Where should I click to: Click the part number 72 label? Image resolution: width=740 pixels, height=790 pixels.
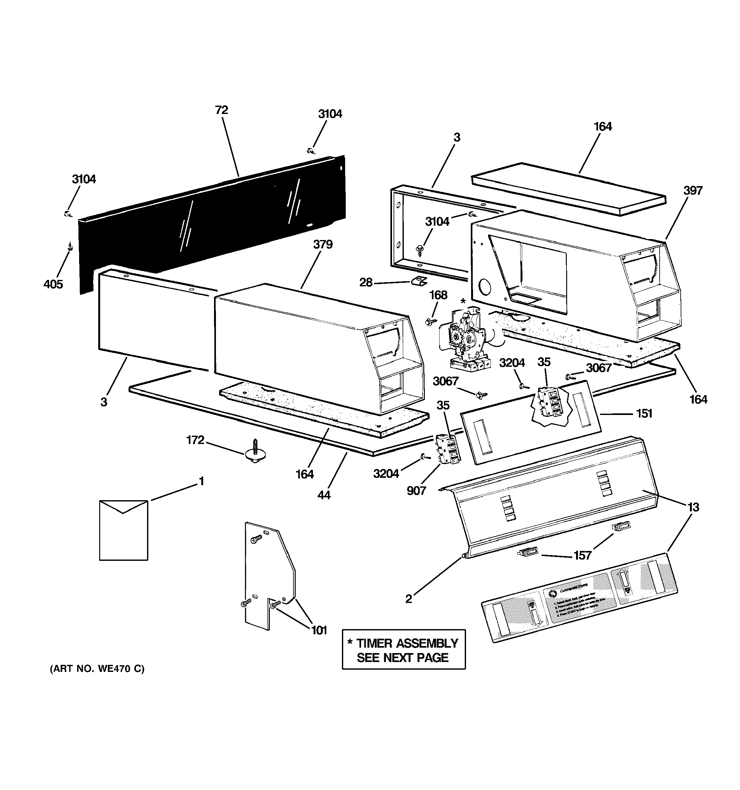click(x=221, y=110)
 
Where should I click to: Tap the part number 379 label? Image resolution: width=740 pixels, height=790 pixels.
click(x=322, y=245)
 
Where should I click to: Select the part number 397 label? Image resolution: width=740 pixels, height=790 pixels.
click(x=693, y=191)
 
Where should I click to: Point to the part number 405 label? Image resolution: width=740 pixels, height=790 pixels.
click(x=53, y=284)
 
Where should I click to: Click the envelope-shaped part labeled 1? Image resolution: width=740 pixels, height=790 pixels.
click(x=123, y=530)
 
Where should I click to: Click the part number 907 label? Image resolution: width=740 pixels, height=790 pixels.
click(x=416, y=491)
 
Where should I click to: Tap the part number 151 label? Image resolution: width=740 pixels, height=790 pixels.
click(x=644, y=414)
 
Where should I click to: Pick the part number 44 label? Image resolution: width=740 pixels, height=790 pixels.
click(x=324, y=495)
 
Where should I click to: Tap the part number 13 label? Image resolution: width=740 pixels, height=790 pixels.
click(x=693, y=507)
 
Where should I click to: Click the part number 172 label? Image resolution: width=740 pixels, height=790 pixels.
click(x=195, y=440)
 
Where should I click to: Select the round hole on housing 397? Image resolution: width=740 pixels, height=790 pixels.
click(x=485, y=286)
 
